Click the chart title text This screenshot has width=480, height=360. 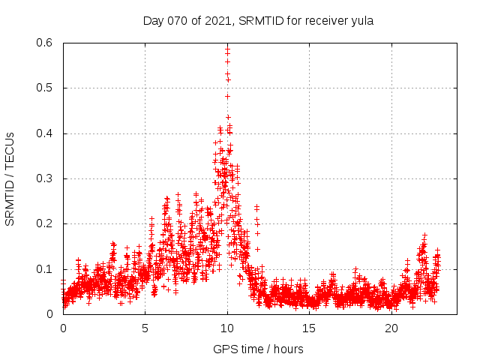tap(258, 21)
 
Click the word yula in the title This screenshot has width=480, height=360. tap(361, 21)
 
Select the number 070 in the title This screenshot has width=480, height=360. tap(177, 21)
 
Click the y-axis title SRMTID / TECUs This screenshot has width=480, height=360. tap(10, 178)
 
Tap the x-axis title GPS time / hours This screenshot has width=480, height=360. tap(258, 349)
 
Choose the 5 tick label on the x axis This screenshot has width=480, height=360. tap(145, 328)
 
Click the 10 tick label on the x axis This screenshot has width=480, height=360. tap(227, 328)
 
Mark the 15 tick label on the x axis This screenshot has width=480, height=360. tap(310, 328)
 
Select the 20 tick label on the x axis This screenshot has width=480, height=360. tap(391, 328)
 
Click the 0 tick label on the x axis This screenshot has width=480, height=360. tap(63, 328)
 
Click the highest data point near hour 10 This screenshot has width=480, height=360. tap(227, 47)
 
